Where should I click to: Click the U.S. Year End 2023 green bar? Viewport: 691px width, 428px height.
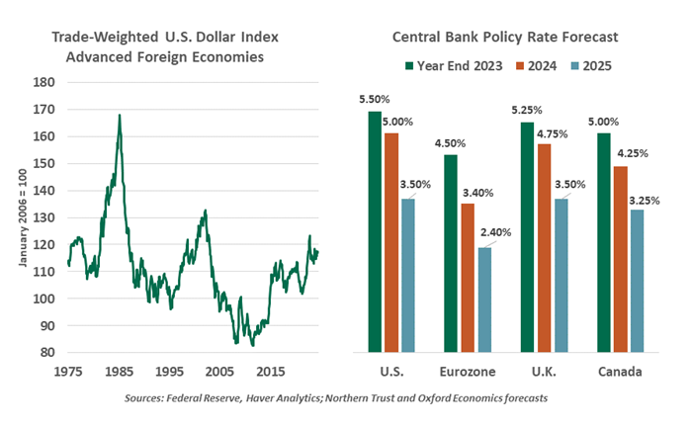[375, 231]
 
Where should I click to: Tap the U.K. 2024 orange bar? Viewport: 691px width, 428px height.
[545, 248]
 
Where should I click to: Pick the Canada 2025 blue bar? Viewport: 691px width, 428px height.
[636, 281]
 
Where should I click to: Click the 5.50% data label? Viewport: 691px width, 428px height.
[374, 101]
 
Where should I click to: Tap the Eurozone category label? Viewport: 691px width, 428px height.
[467, 374]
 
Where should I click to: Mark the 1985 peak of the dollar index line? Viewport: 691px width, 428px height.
[120, 115]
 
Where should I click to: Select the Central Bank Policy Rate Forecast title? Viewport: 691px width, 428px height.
[505, 37]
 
